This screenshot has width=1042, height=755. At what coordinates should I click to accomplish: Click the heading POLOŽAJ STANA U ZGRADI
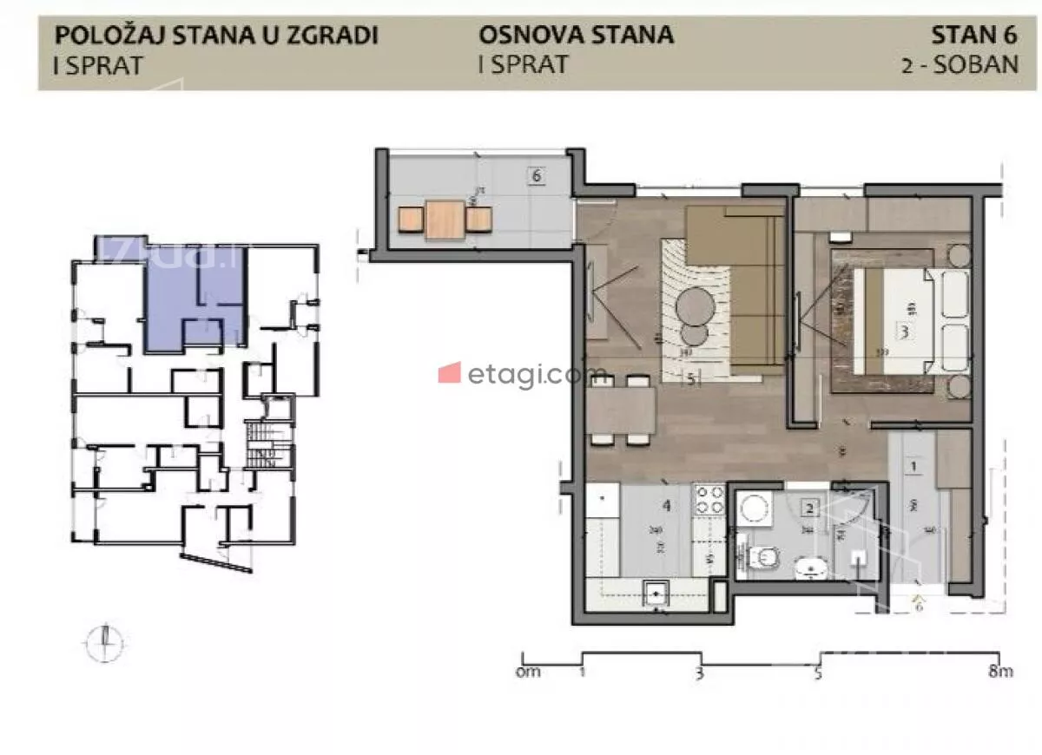click(x=216, y=36)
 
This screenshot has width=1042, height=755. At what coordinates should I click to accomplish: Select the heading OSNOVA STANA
click(x=576, y=36)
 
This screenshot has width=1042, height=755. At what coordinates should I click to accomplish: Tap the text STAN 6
click(x=973, y=36)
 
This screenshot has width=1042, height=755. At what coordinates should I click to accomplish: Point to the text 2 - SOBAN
click(x=960, y=65)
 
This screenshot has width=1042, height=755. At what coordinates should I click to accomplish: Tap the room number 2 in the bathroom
click(x=809, y=510)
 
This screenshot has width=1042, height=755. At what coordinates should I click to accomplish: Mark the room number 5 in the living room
click(x=690, y=378)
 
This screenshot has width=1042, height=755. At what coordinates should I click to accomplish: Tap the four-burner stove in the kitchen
click(x=709, y=501)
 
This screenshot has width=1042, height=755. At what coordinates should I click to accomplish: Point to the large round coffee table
click(x=696, y=305)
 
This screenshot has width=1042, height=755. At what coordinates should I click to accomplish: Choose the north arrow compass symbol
click(x=105, y=642)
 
